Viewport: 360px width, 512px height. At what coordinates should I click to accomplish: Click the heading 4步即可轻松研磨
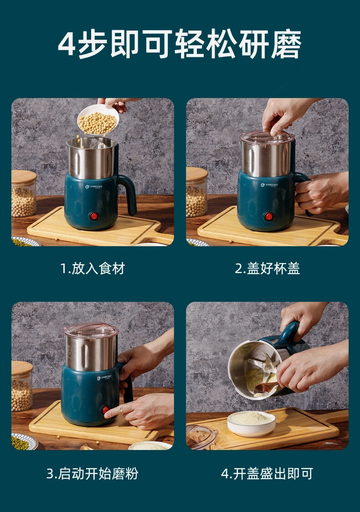[180, 43]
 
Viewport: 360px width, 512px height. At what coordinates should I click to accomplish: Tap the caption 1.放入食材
[93, 269]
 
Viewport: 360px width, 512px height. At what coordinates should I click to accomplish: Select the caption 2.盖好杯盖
[267, 269]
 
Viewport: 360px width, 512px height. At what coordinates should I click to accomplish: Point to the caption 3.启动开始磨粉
[93, 473]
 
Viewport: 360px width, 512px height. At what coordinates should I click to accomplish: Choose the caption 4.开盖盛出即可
[267, 473]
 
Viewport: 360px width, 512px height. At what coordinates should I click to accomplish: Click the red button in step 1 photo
[94, 216]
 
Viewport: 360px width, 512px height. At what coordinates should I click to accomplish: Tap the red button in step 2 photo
[268, 216]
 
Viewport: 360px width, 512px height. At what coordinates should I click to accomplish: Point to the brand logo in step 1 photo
[94, 187]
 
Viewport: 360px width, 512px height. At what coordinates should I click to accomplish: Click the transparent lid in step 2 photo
[267, 137]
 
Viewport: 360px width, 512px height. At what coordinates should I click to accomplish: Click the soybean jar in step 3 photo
[22, 386]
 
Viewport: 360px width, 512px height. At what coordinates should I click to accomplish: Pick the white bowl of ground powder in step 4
[251, 424]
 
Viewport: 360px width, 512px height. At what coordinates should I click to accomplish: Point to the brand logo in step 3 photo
[104, 378]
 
